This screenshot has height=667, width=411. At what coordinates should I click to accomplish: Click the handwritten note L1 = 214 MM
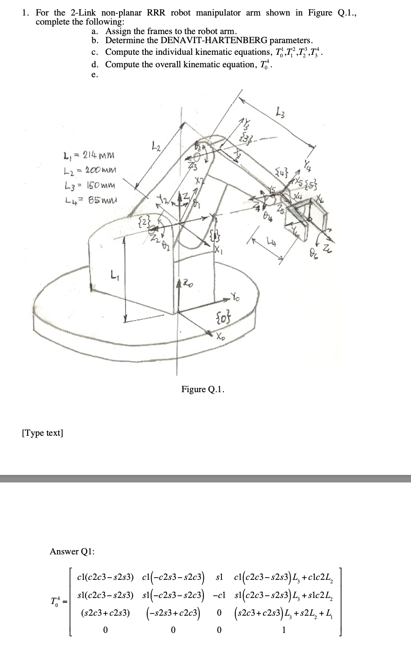pos(89,154)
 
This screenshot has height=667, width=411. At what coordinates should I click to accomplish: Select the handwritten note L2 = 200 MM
pos(89,171)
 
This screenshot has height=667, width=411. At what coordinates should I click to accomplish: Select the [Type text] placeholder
pos(42,433)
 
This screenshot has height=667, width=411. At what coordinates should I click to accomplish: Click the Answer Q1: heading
pos(72,551)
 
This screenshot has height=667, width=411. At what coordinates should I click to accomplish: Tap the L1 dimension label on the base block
pos(114,274)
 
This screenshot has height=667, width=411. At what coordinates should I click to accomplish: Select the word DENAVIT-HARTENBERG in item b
pos(186,41)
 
